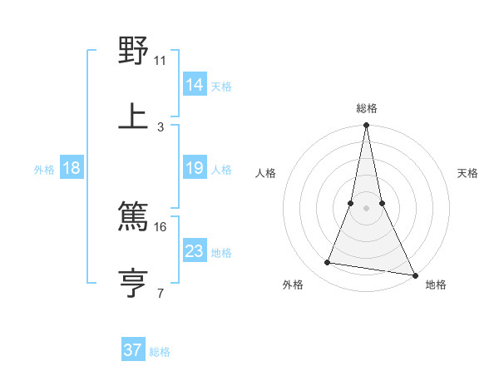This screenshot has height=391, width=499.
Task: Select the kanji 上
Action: coord(133,116)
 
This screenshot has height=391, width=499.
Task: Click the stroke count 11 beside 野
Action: coord(160,60)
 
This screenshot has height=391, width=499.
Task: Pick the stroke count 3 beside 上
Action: coord(161,127)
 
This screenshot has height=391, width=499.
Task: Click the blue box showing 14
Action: coord(195,84)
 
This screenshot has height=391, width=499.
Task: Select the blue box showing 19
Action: coord(195,168)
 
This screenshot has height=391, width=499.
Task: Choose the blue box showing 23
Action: coord(195,250)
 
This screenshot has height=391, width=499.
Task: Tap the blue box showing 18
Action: coord(72,168)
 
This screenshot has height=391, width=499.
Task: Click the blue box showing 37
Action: coord(133,350)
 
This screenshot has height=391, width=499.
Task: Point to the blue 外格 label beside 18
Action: coord(44,169)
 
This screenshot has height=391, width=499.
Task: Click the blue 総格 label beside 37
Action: coord(160,352)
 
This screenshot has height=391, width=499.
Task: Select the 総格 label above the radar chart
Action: coord(366,108)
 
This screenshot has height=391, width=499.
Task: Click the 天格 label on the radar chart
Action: coord(467,173)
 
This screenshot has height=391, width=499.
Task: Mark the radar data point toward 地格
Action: coord(414,275)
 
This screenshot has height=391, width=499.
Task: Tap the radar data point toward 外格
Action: coord(328,263)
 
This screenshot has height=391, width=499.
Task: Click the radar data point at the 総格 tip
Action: coord(366,126)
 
